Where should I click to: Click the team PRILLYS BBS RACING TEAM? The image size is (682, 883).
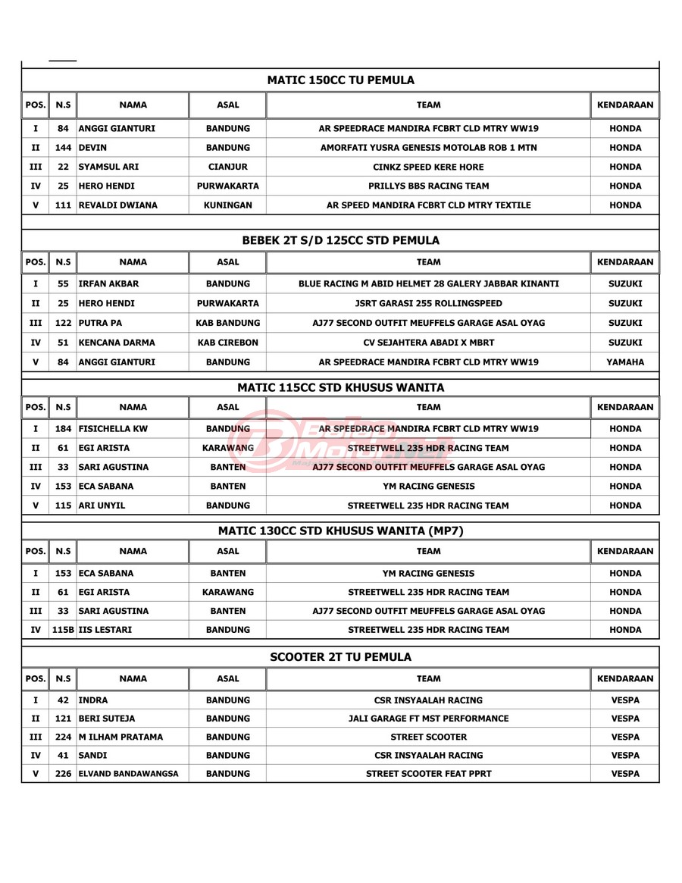point(428,186)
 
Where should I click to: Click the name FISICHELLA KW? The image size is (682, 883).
point(114,429)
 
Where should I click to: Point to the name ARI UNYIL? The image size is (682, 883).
point(104,506)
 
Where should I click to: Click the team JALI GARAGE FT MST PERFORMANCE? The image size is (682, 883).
point(428,718)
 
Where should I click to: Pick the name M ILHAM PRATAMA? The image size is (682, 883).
point(120,737)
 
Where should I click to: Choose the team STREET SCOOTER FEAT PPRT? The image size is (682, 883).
point(428,774)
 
